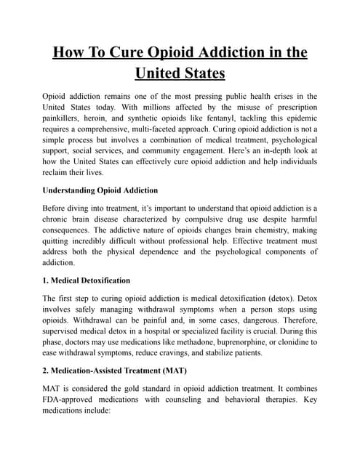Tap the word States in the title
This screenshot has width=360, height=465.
coord(198,73)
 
